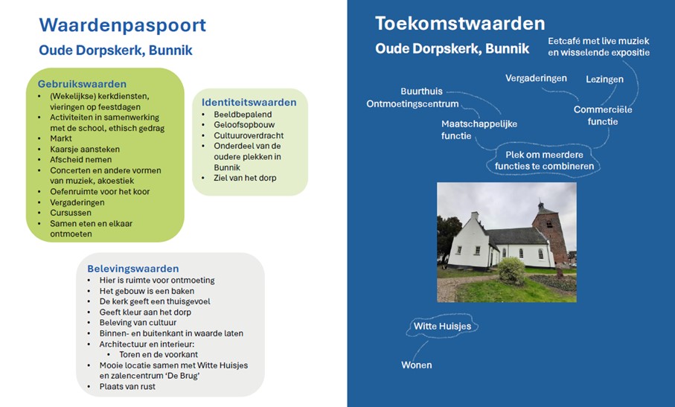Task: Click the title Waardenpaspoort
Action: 122,25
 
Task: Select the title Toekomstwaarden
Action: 460,23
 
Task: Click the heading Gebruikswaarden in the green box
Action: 82,84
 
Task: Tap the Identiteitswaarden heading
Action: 249,103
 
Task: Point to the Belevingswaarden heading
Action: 133,269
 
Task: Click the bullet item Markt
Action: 63,138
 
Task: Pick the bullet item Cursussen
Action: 71,212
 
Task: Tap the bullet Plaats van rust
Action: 127,386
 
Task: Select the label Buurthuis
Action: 421,92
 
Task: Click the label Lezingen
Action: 604,79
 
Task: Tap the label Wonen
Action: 416,365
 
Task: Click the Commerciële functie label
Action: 603,115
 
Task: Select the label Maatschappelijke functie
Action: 479,129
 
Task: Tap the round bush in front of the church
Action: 511,271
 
